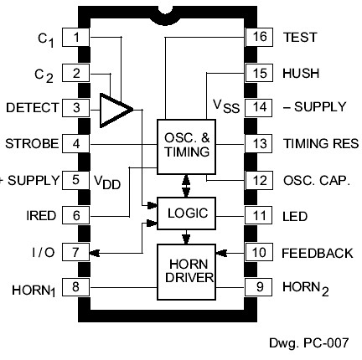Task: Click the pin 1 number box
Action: click(x=77, y=37)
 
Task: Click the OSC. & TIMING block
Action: click(x=186, y=144)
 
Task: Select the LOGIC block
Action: click(x=186, y=214)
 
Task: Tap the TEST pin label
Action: click(x=300, y=38)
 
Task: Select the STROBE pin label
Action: click(x=32, y=144)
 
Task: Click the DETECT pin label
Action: click(x=31, y=108)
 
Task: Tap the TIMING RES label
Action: click(x=321, y=144)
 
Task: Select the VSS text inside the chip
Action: click(x=225, y=107)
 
